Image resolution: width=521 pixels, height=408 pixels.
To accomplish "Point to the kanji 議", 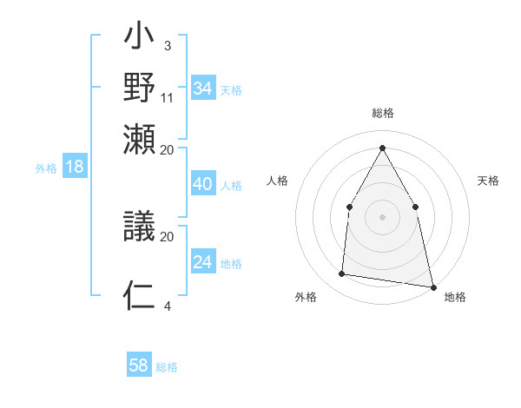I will point(140,227).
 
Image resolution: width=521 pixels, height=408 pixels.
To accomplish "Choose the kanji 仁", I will point(140,295).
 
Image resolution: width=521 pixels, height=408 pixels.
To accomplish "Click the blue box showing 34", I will point(202,89).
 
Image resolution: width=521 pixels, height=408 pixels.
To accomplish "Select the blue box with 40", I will point(202,184).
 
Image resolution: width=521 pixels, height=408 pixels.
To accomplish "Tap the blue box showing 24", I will point(202,262).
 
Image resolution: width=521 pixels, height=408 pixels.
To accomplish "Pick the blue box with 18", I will point(74,167).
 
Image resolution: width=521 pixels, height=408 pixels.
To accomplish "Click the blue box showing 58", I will point(139,365).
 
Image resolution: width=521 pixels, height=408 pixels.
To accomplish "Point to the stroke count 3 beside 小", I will point(167,45).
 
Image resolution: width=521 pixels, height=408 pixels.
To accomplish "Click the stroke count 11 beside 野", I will point(168,96).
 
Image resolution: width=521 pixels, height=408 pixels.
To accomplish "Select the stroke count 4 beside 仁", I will point(168,305).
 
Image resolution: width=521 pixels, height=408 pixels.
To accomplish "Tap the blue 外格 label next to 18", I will point(45,168).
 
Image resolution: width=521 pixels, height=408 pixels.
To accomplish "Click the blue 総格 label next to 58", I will point(167,367).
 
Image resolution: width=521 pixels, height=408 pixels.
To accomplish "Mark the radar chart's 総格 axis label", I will point(382,113).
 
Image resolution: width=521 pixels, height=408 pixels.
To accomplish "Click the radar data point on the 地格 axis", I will point(432,286).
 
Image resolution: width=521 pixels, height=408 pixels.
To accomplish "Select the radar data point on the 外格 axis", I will point(342,274).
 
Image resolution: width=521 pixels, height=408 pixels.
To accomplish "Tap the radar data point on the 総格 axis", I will point(382,147).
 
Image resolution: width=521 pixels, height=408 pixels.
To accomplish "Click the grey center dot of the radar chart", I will point(382,216).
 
